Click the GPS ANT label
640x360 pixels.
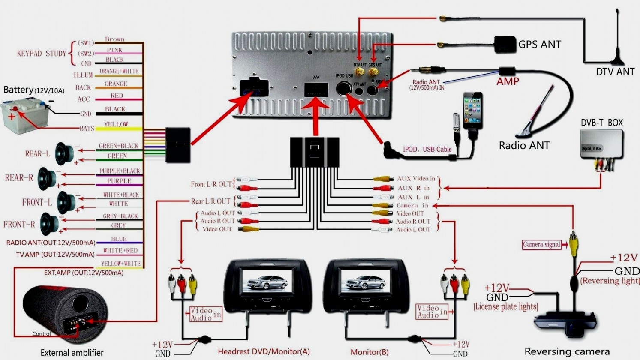539,45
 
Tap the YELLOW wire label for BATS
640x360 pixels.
116,124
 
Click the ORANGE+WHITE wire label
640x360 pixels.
119,71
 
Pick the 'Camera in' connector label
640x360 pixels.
412,206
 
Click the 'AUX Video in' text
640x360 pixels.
415,179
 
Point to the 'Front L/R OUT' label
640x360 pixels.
211,184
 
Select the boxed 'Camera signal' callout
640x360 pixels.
541,245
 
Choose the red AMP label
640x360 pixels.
508,81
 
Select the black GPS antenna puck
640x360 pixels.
505,45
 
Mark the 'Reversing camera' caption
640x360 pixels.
567,352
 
